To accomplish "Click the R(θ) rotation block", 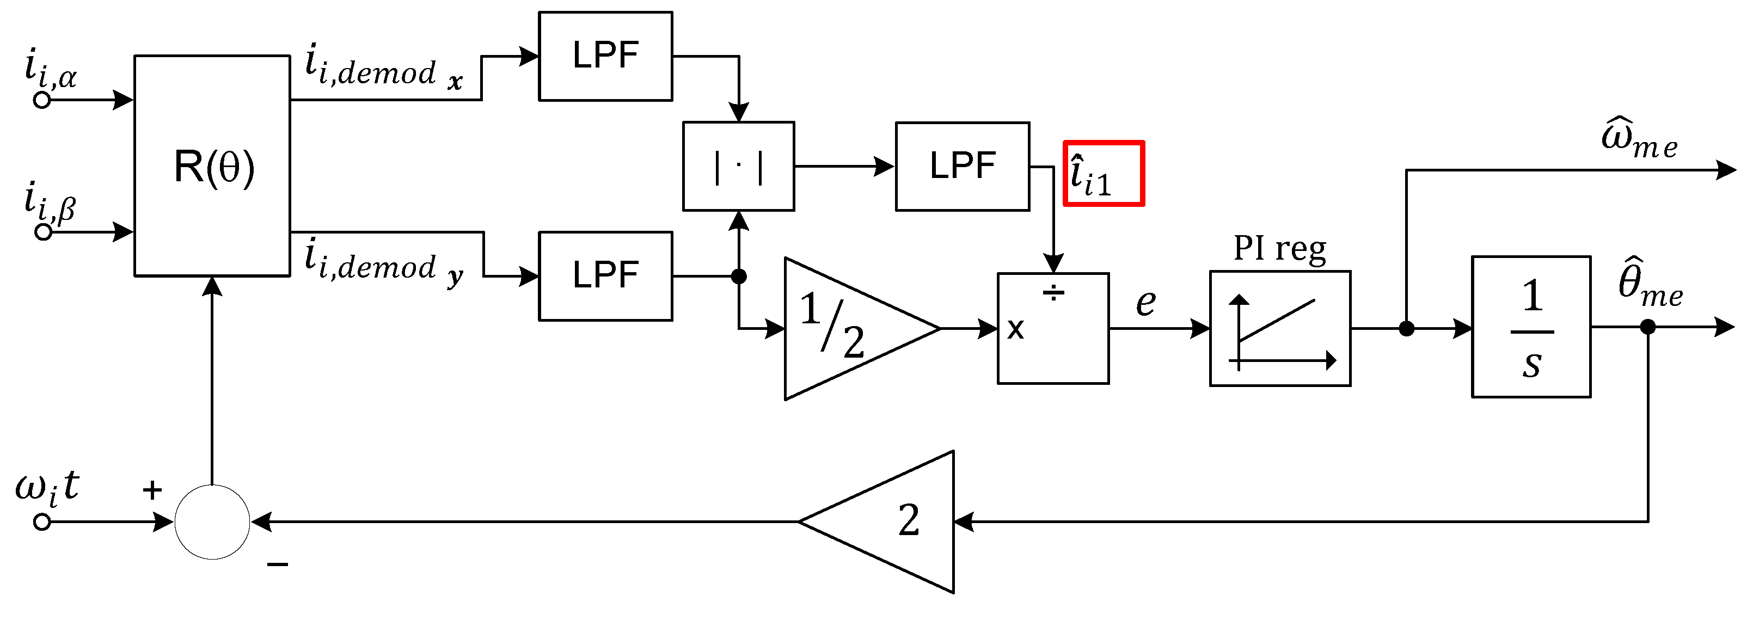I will [x=212, y=166].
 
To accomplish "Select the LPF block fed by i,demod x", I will [x=605, y=57].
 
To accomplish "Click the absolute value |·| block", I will [x=738, y=167].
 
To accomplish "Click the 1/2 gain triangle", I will [x=844, y=329].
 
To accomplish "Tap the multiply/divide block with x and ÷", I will [x=1053, y=329].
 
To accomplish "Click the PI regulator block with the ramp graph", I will [x=1279, y=329].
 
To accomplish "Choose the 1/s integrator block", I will [x=1530, y=327].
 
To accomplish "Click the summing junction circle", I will [x=212, y=522].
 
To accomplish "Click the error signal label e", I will [x=1146, y=302].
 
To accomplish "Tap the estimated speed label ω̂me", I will [x=1639, y=139].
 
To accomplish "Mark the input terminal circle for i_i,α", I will [x=42, y=101].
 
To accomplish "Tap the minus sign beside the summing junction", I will [x=278, y=564].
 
